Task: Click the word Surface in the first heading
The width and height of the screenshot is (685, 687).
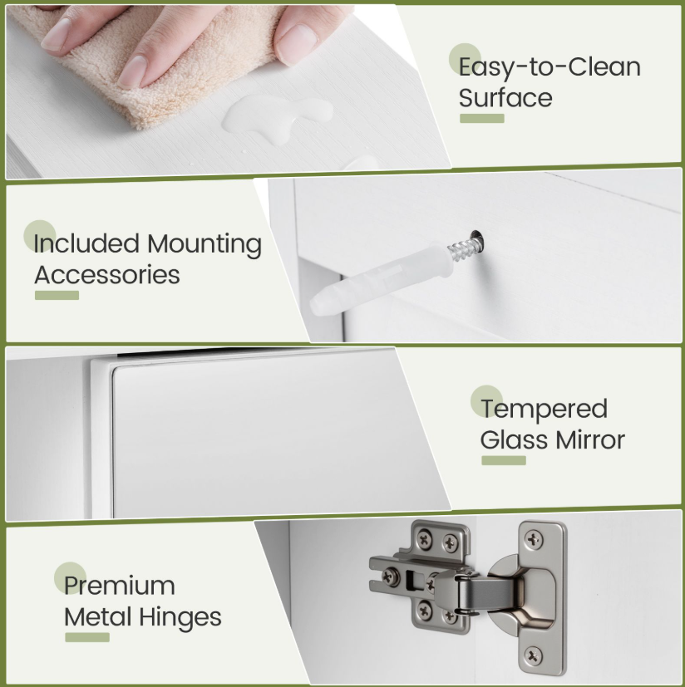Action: (x=505, y=98)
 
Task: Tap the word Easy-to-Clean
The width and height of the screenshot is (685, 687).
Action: (x=549, y=67)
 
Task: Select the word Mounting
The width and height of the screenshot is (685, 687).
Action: (x=204, y=244)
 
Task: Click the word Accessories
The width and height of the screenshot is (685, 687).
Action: (x=107, y=275)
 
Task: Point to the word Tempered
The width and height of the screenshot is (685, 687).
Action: (x=544, y=410)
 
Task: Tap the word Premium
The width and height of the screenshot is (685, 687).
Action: (x=119, y=586)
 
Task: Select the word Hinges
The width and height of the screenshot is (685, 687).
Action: (x=180, y=618)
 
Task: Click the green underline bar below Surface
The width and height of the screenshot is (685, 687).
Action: (x=482, y=118)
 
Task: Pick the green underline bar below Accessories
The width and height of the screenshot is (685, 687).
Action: (x=57, y=295)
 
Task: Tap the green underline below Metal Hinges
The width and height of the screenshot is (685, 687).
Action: (x=87, y=637)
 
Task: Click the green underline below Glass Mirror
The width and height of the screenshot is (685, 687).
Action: (x=504, y=460)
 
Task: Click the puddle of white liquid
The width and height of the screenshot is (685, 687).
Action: (x=277, y=118)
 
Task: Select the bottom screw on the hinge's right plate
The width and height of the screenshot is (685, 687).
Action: (x=533, y=655)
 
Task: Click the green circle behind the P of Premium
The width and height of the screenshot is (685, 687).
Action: (x=70, y=578)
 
